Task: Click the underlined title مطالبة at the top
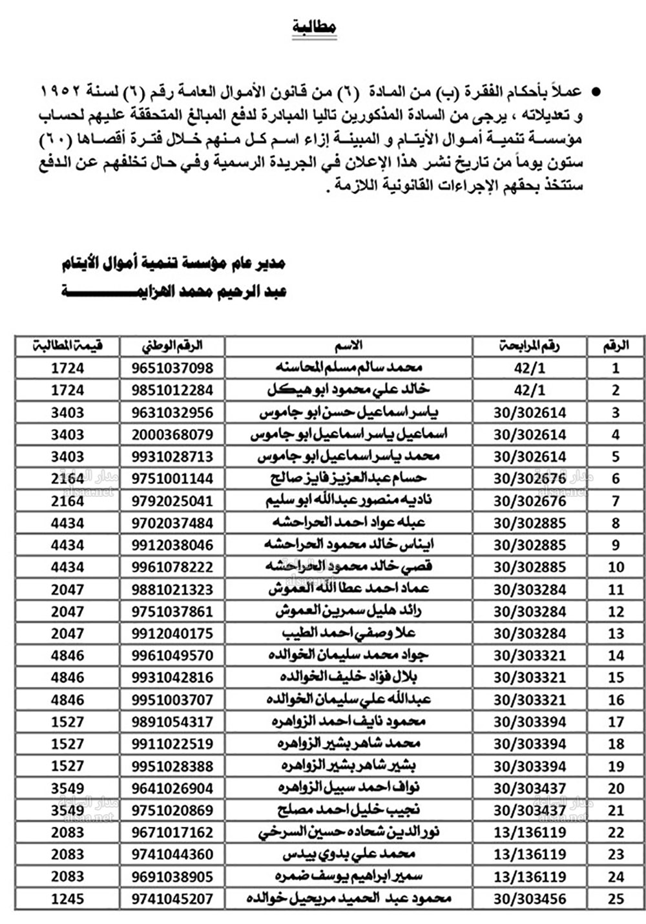(x=314, y=27)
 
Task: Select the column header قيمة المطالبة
(x=68, y=346)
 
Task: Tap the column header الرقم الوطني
(x=172, y=346)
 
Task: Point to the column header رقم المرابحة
(x=529, y=346)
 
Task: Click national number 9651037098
(x=172, y=368)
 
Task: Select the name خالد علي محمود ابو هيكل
(x=349, y=390)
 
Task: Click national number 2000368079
(x=172, y=434)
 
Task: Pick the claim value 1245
(x=68, y=898)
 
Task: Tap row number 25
(x=616, y=899)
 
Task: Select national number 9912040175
(x=172, y=633)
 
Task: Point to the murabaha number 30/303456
(x=529, y=899)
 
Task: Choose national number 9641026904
(x=172, y=788)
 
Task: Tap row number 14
(x=616, y=656)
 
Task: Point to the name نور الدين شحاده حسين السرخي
(x=349, y=832)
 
